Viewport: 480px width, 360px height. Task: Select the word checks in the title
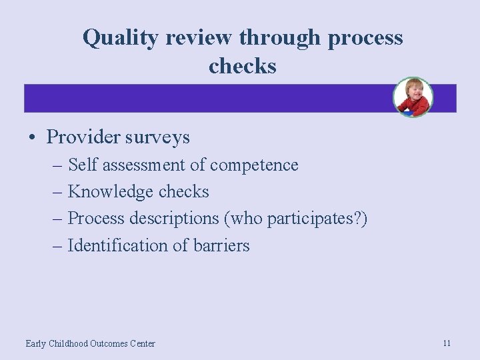pos(242,66)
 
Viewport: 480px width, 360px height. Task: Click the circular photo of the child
pos(413,97)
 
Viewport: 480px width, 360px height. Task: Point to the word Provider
pos(83,137)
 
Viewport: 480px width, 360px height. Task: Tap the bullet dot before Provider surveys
pos(32,138)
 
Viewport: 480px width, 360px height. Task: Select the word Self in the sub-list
pos(83,165)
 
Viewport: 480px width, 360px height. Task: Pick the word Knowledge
pos(111,192)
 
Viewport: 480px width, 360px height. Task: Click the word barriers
pos(221,245)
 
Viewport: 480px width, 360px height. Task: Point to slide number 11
pos(447,343)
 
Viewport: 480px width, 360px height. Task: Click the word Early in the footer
pos(35,344)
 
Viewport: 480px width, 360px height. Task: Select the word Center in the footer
pos(142,344)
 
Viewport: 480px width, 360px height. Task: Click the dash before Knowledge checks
pos(58,192)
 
